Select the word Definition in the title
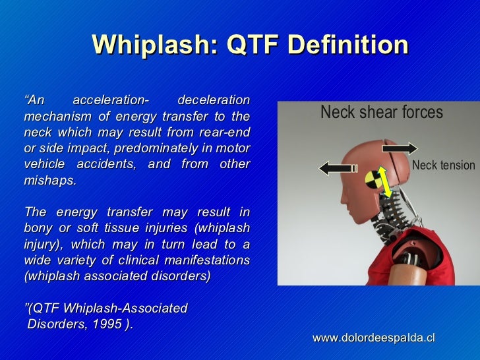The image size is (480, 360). (348, 45)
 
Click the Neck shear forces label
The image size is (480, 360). (381, 113)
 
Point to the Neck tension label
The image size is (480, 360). (442, 165)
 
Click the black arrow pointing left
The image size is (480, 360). (336, 168)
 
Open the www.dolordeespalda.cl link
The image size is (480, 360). (374, 337)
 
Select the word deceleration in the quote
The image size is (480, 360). (214, 100)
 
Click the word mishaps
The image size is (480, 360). (50, 179)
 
